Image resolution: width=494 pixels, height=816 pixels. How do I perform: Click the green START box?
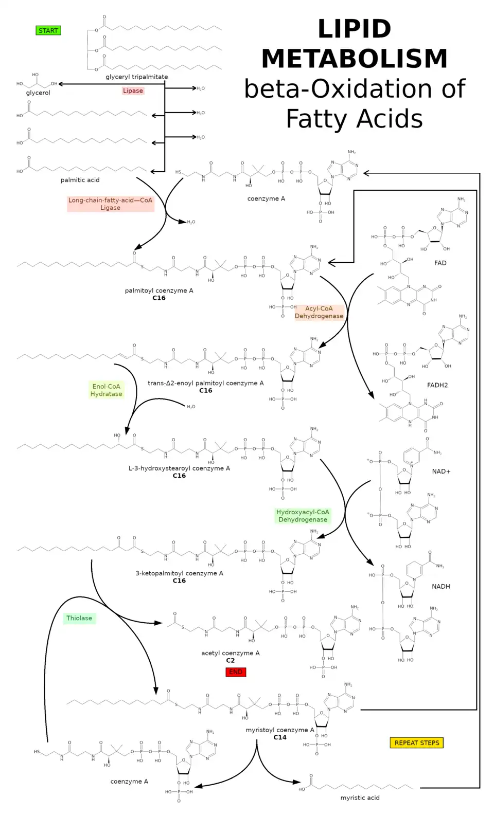[48, 31]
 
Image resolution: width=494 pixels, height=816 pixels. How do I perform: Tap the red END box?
[236, 672]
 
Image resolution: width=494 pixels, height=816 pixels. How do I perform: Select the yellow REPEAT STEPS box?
[417, 743]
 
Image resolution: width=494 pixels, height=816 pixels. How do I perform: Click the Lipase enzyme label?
[133, 91]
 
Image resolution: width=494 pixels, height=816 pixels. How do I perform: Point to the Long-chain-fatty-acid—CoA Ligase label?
[110, 204]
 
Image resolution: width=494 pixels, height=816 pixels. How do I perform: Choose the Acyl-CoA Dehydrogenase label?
[319, 313]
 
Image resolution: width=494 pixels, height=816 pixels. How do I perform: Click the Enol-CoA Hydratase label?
[107, 390]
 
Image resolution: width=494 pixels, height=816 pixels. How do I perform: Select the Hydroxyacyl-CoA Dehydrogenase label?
[303, 516]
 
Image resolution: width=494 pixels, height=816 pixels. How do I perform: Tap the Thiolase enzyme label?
[79, 618]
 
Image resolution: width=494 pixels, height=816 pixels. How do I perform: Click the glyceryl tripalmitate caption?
[137, 77]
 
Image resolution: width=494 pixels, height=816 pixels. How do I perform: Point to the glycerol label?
[38, 93]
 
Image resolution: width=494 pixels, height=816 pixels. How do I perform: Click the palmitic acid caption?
[80, 180]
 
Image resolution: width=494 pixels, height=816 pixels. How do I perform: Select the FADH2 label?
[437, 385]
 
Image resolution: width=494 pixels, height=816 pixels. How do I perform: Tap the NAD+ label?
[441, 472]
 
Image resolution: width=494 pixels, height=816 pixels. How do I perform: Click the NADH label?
[441, 587]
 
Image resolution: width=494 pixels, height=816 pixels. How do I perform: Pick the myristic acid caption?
[360, 798]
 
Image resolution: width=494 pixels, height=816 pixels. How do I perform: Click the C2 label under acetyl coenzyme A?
[231, 661]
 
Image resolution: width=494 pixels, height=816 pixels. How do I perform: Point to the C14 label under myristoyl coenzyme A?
[280, 737]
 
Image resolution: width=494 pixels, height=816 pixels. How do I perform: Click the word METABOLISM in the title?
[355, 59]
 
